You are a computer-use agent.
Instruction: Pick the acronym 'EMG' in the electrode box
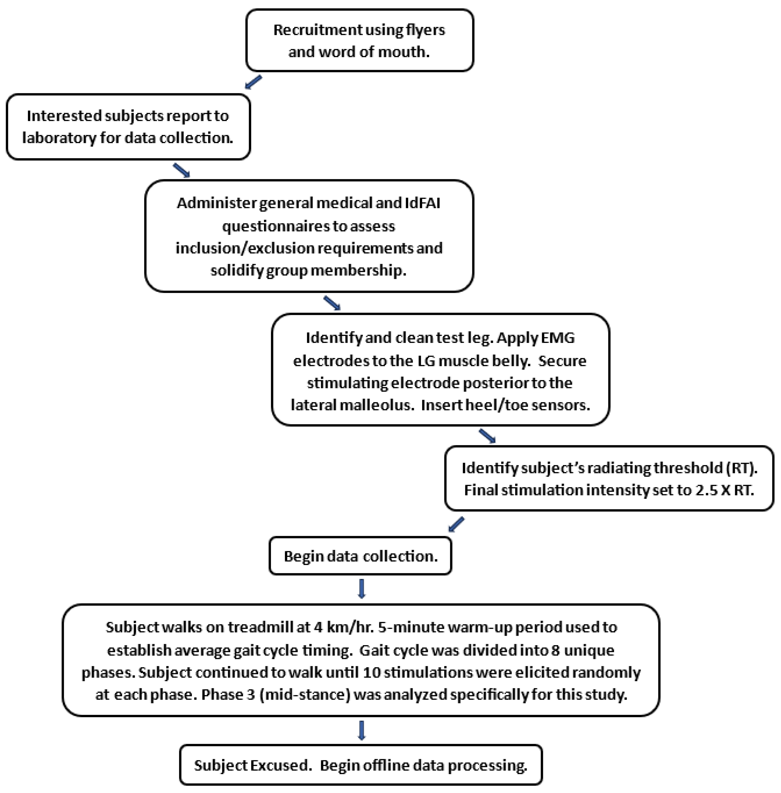pyautogui.click(x=558, y=338)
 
